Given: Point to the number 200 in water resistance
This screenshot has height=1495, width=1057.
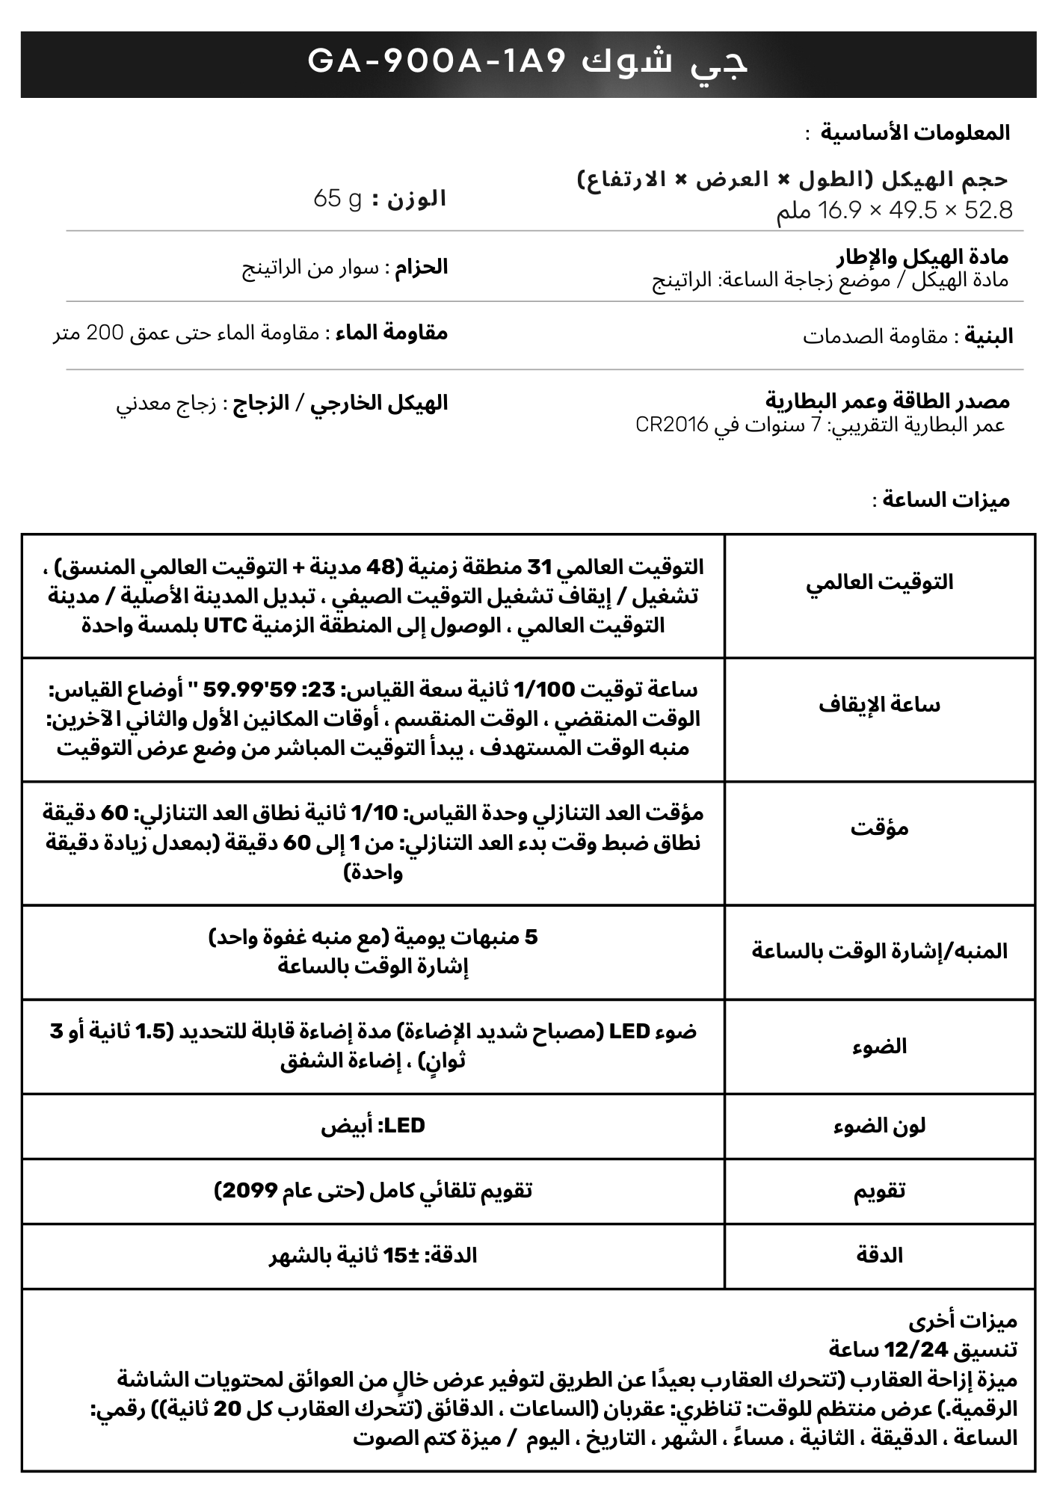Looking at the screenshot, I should coord(106,333).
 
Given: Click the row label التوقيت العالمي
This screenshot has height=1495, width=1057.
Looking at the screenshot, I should coord(879,582).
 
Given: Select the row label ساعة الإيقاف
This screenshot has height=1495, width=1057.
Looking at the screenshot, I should coord(879,705).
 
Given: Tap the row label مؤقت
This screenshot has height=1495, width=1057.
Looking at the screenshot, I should coord(879,828).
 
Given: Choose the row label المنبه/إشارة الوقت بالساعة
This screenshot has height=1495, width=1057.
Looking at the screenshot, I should coord(879,952).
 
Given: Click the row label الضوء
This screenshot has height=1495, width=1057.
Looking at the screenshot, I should coord(879,1046).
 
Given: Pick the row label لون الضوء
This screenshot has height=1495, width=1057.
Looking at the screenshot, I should coord(879,1126).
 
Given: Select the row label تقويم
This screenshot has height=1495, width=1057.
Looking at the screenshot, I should coord(879,1191).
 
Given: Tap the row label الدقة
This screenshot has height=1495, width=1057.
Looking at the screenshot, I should coord(879,1256).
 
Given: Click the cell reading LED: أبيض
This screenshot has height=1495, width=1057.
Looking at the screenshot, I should coord(373,1126).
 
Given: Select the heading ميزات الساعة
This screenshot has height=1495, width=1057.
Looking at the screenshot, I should coord(946,500).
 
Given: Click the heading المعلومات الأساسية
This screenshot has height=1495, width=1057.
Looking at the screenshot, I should coord(915,133).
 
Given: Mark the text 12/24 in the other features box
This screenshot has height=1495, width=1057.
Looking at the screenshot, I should coord(916,1350).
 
